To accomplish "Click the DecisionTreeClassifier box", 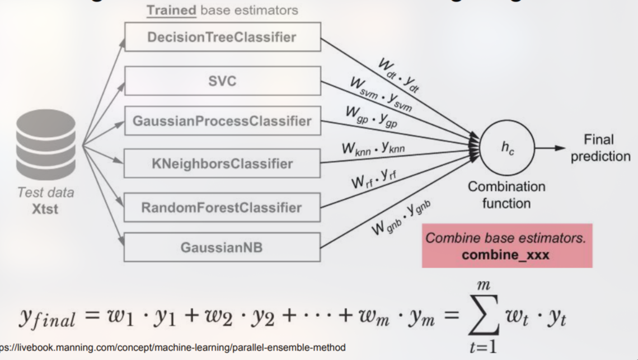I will click(222, 37).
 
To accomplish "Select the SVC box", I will click(222, 81).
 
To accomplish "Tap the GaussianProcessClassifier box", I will click(222, 121).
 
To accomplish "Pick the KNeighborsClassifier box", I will click(222, 163).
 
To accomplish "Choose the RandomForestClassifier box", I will click(222, 208).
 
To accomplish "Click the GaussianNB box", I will click(222, 247).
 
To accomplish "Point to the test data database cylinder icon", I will click(46, 145).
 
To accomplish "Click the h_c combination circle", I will click(506, 148).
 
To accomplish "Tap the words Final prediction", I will click(599, 148).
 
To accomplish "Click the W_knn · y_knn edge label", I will click(373, 149).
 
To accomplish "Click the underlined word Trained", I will click(171, 10).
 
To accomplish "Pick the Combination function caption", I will click(506, 194).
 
